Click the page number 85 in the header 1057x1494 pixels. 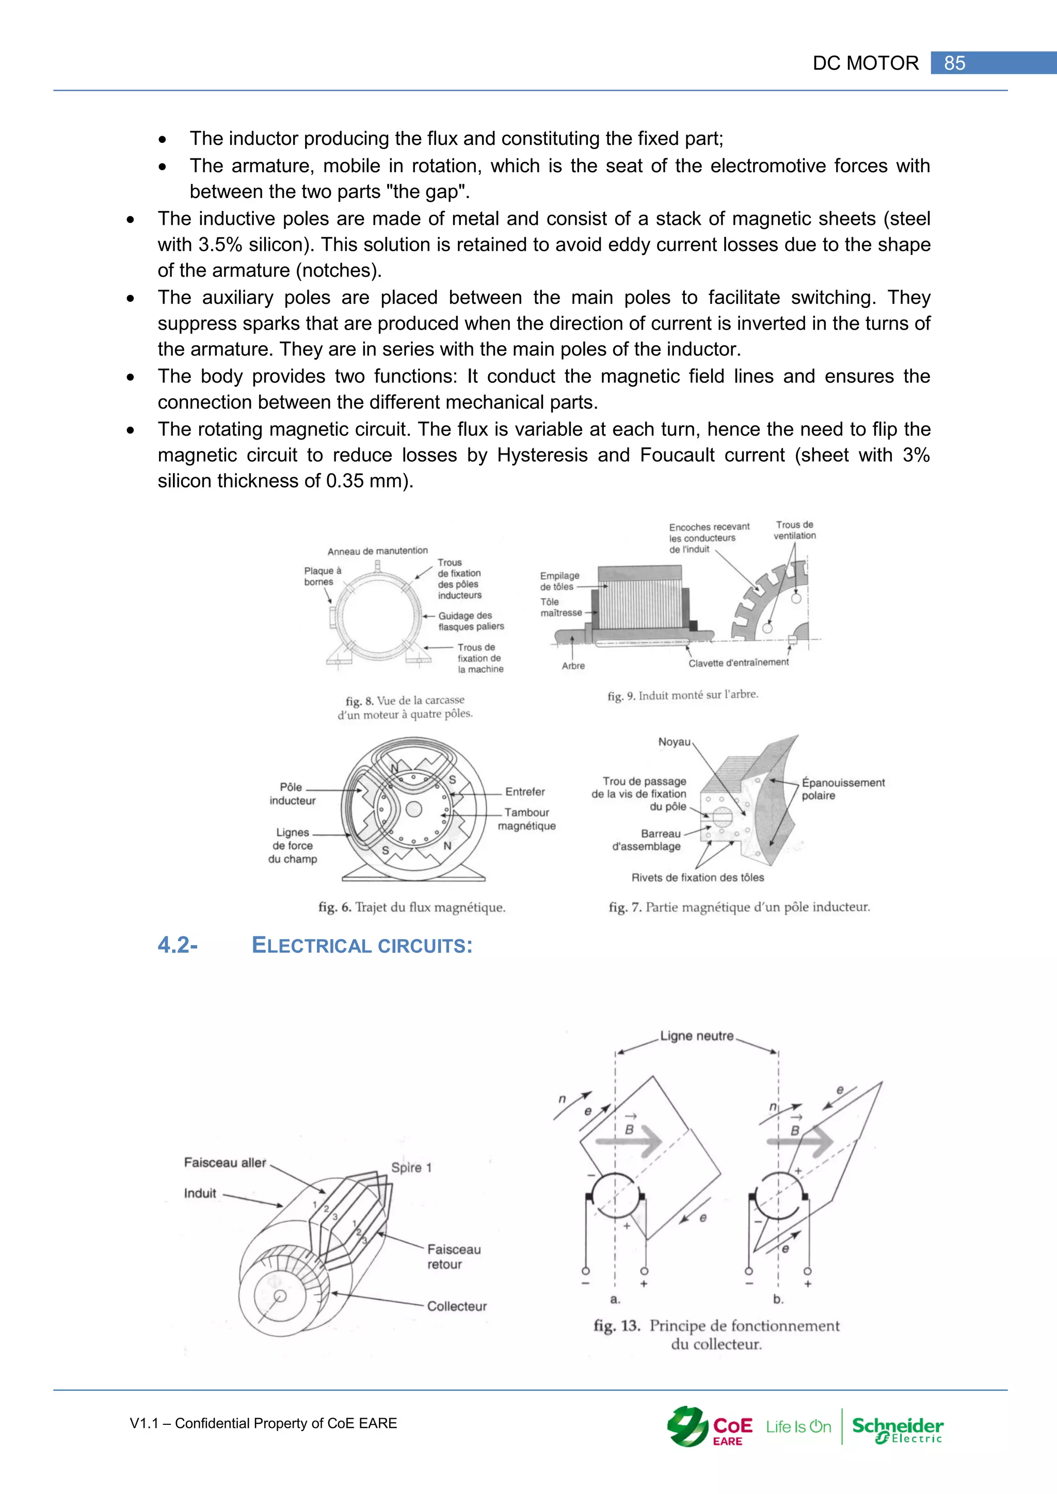click(x=954, y=63)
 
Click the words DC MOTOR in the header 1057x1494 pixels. click(x=865, y=63)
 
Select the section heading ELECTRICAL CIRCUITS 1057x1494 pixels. click(x=362, y=946)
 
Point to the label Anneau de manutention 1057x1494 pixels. click(x=377, y=551)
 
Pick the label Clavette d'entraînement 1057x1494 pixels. click(x=738, y=662)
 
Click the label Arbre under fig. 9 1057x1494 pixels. click(x=573, y=665)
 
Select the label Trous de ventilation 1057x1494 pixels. click(x=794, y=530)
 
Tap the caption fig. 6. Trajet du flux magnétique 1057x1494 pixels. click(x=411, y=907)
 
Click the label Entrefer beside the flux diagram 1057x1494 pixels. click(x=524, y=792)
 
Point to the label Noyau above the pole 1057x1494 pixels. click(x=674, y=742)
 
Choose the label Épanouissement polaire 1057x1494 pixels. click(x=842, y=789)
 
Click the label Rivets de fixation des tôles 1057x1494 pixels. click(x=697, y=877)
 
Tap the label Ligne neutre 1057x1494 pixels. click(x=696, y=1036)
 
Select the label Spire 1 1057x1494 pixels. click(x=411, y=1167)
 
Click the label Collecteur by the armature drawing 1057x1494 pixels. click(x=456, y=1306)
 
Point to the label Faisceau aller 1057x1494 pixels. click(x=225, y=1162)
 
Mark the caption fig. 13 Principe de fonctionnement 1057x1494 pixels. click(x=716, y=1334)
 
